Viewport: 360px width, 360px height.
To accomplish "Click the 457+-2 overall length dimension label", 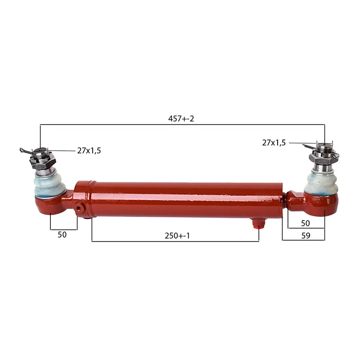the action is [x=181, y=119].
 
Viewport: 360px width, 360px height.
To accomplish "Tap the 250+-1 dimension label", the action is [x=177, y=236].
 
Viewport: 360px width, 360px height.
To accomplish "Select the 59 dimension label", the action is [x=306, y=236].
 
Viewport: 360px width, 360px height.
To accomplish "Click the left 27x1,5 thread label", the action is [x=89, y=151].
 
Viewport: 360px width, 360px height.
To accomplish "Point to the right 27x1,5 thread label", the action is [x=274, y=143].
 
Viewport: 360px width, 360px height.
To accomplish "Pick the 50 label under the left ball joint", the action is [x=62, y=234].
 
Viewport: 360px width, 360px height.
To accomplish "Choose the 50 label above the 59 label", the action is [x=306, y=223].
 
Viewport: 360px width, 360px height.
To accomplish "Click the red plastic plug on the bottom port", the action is [x=258, y=227].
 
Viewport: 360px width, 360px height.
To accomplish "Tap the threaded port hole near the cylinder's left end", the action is [x=79, y=208].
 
